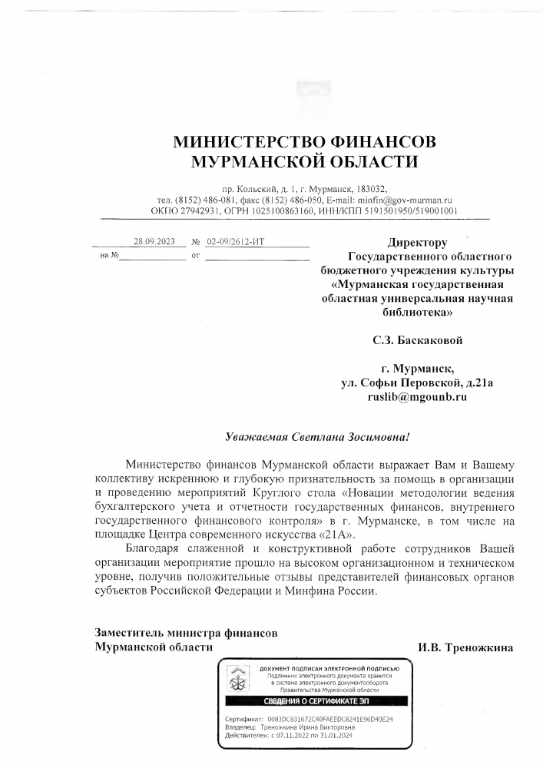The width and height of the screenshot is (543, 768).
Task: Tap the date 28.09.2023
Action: pos(154,241)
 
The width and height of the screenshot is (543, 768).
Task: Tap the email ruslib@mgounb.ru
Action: pos(417,397)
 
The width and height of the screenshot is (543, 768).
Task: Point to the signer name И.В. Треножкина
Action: pos(465,647)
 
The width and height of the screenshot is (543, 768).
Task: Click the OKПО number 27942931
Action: pos(199,210)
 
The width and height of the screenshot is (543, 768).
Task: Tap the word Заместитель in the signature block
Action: pos(131,633)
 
